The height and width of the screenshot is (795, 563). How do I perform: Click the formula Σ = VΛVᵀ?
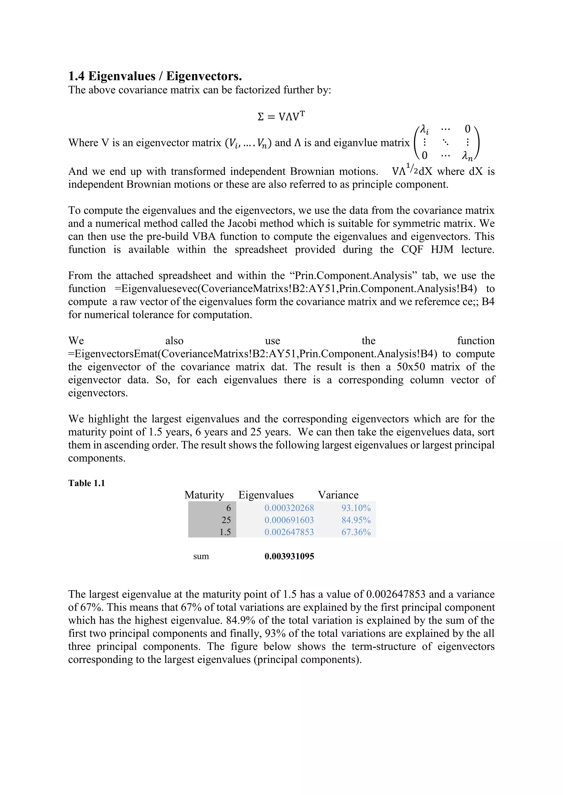pos(281,116)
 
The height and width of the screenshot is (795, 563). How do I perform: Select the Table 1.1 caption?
pos(86,483)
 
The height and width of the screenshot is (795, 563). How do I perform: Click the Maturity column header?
pos(204,495)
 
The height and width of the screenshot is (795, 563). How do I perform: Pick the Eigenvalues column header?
pos(266,495)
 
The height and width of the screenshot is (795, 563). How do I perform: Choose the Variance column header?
pos(338,495)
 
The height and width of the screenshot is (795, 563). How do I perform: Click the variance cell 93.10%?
pos(356,508)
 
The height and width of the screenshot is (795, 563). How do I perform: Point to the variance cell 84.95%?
pos(356,520)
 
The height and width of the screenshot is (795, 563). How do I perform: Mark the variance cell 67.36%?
pos(356,532)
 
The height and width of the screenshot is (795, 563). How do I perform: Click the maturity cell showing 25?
pos(226,520)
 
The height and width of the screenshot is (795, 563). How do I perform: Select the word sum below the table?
pos(201,556)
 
